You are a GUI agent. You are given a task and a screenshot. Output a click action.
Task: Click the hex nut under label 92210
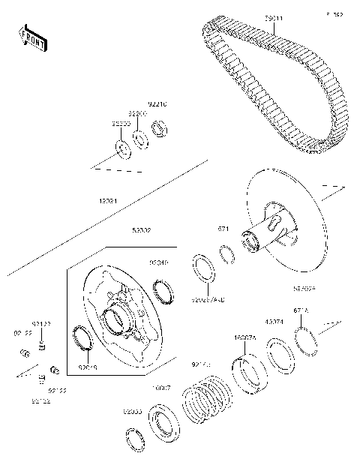tap(159, 127)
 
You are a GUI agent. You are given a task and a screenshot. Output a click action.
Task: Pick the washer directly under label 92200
tap(139, 138)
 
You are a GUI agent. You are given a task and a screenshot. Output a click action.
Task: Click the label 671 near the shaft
tap(223, 229)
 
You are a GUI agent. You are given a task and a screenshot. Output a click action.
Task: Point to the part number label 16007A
tap(245, 338)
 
